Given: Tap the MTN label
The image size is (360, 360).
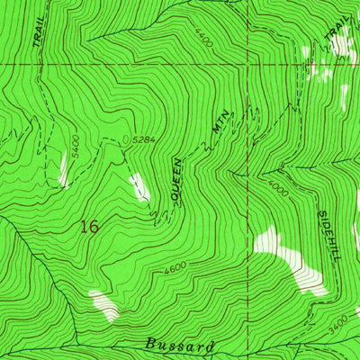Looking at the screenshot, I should [220, 123].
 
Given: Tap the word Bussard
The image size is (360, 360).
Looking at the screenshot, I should [180, 345].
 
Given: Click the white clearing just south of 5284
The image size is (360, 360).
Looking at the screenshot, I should [139, 186].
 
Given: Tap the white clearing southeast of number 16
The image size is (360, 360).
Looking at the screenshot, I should [103, 304].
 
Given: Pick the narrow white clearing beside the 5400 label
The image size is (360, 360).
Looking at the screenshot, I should [63, 169].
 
